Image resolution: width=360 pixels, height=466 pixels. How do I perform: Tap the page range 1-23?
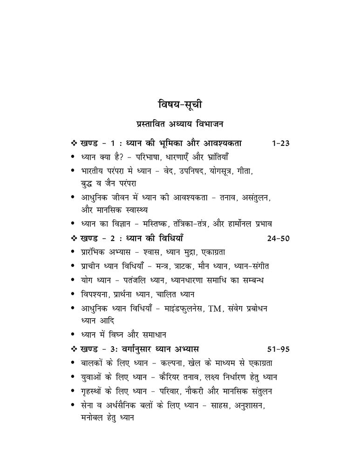(280, 143)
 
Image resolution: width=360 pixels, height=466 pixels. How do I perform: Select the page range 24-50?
(278, 239)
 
